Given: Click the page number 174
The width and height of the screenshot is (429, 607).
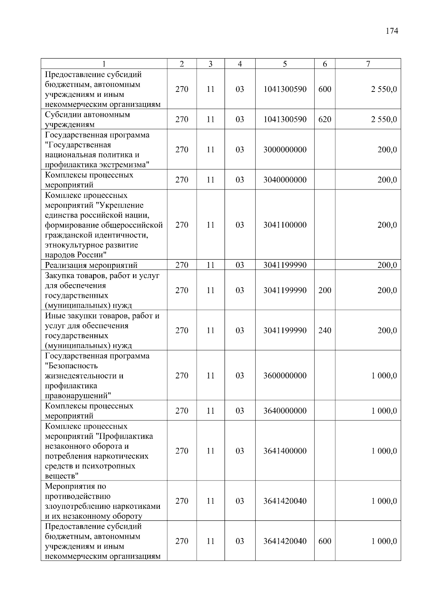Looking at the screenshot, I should tap(392, 31).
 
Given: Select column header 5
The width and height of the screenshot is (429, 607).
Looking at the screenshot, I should tap(285, 64).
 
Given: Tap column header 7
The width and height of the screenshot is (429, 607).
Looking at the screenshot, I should tap(368, 64).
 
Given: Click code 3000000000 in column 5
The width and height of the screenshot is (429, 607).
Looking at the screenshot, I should tap(285, 150).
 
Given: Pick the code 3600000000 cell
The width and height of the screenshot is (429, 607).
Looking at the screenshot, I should tap(285, 376).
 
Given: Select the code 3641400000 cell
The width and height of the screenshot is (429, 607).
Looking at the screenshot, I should tap(285, 451).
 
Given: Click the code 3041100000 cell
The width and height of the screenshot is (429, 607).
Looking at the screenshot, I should tap(285, 225).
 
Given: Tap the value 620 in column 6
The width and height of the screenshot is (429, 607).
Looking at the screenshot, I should tap(325, 119).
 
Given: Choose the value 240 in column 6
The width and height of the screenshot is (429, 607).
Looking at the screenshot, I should tap(325, 330).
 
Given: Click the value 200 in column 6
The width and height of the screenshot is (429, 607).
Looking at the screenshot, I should tap(325, 290).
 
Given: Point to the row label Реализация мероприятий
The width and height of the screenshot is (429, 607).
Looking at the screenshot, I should tap(91, 265).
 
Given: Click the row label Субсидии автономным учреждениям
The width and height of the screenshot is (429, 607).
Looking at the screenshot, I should tap(87, 119).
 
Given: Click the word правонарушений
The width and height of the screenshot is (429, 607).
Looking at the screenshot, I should tap(77, 396).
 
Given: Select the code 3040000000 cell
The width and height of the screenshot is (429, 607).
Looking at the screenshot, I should tap(285, 180).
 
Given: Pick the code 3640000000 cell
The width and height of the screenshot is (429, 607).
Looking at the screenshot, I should tap(285, 411).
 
